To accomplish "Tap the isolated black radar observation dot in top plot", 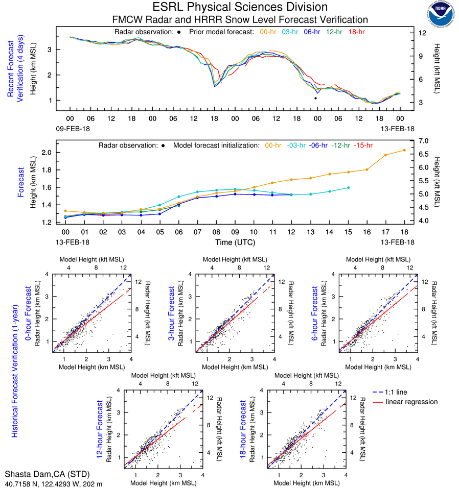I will [x=315, y=98].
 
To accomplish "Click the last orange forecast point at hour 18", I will [x=404, y=150].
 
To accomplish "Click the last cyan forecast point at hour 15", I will [x=348, y=188].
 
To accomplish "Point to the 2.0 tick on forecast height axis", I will [x=48, y=153].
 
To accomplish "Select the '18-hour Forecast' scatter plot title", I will [x=244, y=428].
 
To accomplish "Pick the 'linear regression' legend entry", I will [x=411, y=402].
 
